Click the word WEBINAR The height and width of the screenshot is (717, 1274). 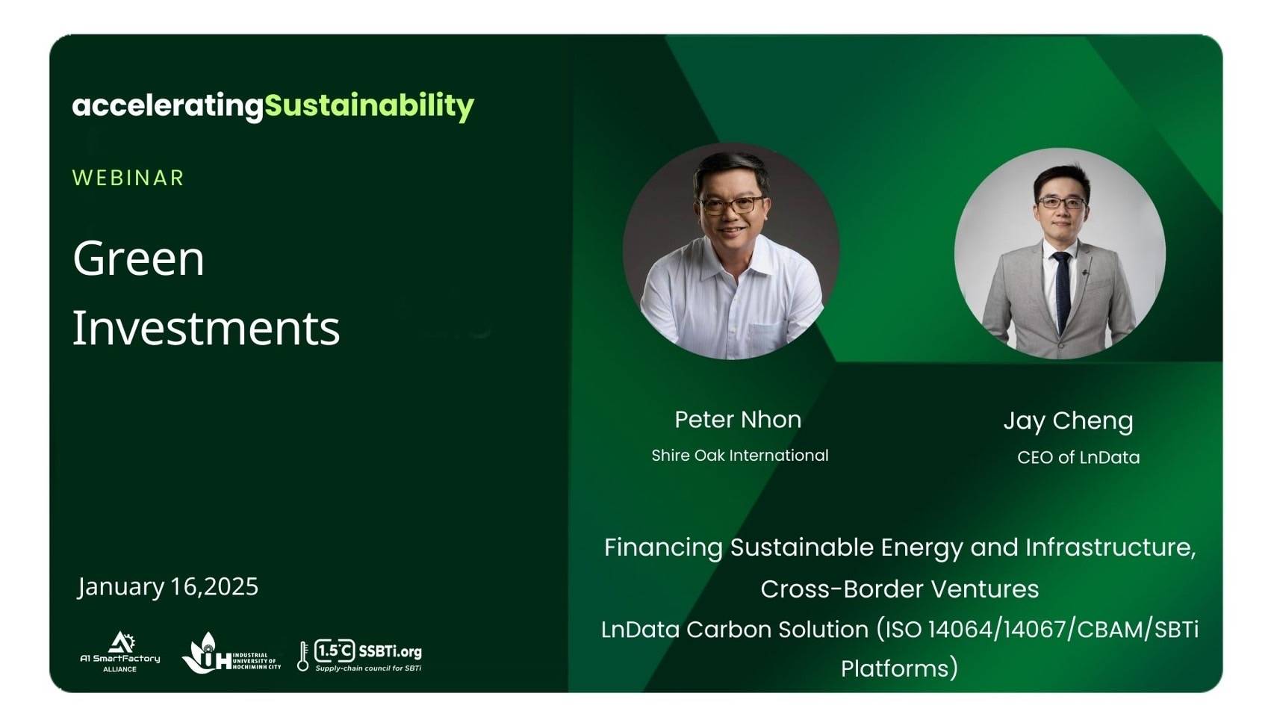(128, 178)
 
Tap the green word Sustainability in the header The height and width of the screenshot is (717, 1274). (369, 106)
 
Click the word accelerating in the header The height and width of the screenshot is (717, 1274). (168, 107)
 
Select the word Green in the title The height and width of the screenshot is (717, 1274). (138, 259)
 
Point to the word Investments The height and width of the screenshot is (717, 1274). (206, 328)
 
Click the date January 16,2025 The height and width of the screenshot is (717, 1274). (168, 587)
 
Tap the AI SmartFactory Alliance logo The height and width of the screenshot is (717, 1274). (120, 652)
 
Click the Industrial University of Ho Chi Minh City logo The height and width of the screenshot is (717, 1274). (231, 654)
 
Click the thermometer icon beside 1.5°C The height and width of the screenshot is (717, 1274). (303, 656)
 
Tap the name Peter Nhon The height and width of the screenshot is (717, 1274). (738, 420)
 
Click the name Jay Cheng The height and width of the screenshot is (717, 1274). (1068, 422)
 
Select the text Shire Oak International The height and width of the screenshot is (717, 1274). (740, 456)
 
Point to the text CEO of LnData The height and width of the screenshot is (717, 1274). (1078, 458)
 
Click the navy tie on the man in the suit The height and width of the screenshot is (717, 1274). (1062, 291)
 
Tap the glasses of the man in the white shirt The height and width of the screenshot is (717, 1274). (731, 205)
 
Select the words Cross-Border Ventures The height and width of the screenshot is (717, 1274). (900, 589)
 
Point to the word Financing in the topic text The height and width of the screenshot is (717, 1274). (663, 548)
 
